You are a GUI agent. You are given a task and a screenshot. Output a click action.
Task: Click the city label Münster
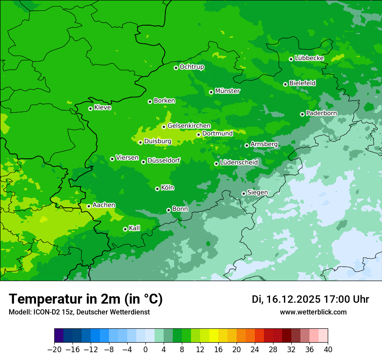[x=227, y=91]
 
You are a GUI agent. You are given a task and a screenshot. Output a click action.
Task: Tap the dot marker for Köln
[x=157, y=189]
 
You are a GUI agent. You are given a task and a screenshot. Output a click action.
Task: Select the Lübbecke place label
[x=309, y=58]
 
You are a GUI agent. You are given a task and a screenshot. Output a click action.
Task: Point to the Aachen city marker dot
[x=89, y=206]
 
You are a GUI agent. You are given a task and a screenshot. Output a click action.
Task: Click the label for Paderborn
[x=321, y=113]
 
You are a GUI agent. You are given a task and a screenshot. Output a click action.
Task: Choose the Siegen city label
[x=257, y=193]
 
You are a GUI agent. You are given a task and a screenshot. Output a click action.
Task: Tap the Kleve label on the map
[x=102, y=108]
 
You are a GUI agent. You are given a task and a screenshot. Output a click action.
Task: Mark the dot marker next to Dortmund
[x=198, y=134]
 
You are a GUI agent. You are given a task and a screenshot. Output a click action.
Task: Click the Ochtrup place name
[x=191, y=67]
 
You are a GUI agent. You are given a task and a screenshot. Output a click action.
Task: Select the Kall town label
[x=135, y=228]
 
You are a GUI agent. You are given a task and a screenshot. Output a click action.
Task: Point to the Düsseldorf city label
[x=164, y=161]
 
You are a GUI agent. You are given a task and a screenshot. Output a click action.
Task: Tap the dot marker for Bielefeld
[x=285, y=84]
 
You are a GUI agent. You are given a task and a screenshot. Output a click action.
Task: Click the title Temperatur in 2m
[x=86, y=299]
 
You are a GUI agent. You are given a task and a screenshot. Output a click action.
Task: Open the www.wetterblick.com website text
[x=313, y=312]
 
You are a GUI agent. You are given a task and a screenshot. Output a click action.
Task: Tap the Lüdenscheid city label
[x=239, y=163]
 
